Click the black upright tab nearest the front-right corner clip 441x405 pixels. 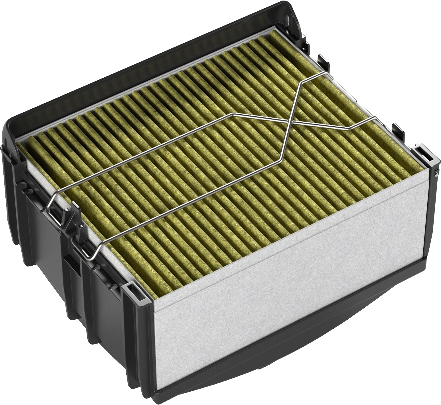click(397, 129)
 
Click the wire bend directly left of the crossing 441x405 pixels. click(233, 114)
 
